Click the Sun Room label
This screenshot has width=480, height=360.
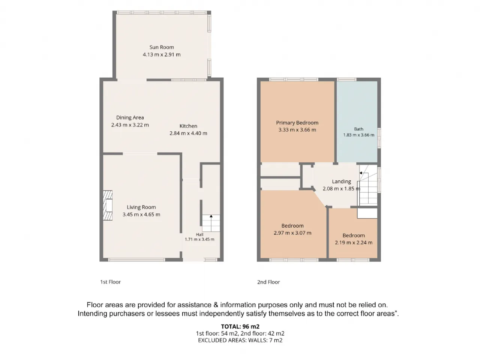click(162, 47)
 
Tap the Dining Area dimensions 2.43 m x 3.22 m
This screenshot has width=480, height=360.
click(130, 125)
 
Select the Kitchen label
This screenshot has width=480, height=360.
click(188, 126)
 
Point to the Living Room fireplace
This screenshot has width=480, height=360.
click(108, 205)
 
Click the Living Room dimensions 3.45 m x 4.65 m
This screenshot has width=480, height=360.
click(141, 214)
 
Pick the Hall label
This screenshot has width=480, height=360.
click(199, 234)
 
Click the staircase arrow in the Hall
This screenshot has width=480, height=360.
click(211, 216)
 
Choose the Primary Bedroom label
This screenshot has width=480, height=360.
click(297, 123)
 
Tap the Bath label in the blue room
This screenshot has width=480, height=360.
click(358, 129)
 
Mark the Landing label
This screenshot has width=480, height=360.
click(341, 181)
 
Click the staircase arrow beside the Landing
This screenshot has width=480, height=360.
click(361, 173)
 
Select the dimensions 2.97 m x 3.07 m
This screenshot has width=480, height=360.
click(292, 233)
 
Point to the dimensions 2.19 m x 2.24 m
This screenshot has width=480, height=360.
click(354, 242)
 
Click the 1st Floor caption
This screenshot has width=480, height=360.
click(110, 282)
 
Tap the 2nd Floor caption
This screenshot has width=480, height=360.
click(268, 282)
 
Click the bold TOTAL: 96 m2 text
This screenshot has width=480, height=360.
click(240, 327)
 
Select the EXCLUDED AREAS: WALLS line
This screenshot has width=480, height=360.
click(240, 340)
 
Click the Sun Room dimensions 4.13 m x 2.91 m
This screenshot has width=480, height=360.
click(162, 55)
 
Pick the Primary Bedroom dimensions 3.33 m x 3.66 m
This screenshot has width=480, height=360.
click(297, 130)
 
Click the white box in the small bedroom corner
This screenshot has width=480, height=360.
click(367, 213)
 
